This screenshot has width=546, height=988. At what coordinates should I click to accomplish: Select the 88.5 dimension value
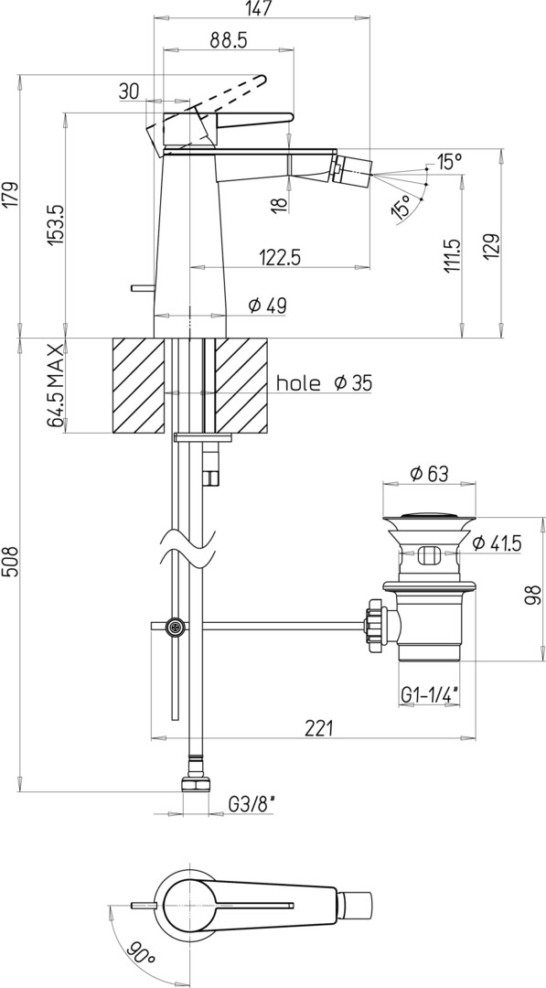coord(228,40)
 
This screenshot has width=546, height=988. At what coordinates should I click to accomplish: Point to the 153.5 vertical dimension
coord(56,225)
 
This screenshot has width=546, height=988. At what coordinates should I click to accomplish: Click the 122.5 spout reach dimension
coord(280,258)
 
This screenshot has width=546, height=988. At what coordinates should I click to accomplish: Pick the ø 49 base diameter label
coord(267,306)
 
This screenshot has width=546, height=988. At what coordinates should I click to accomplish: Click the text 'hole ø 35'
coord(325,382)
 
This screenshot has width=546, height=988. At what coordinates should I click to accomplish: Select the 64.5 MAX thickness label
coord(56,386)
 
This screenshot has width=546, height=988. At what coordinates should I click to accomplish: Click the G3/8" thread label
coord(252,805)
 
